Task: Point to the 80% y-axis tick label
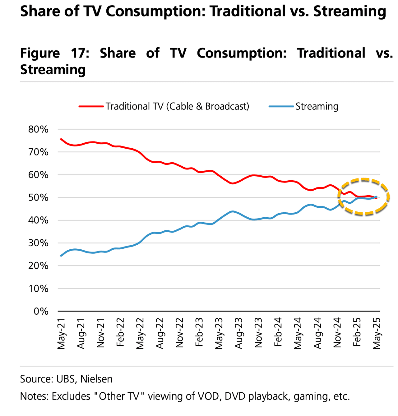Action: tap(38, 129)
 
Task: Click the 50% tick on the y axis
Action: tap(38, 198)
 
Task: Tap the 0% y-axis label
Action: tap(40, 311)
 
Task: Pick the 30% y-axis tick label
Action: tap(38, 243)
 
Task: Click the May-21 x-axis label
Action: tap(61, 333)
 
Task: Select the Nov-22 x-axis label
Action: tap(179, 333)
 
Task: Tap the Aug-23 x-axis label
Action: tap(238, 333)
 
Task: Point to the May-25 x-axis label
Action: tap(377, 333)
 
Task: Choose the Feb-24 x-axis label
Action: tap(278, 333)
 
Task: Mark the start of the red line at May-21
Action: tap(61, 139)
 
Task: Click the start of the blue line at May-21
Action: tap(61, 256)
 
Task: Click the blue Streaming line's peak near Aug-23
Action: tap(232, 211)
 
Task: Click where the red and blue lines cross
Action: tap(374, 197)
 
